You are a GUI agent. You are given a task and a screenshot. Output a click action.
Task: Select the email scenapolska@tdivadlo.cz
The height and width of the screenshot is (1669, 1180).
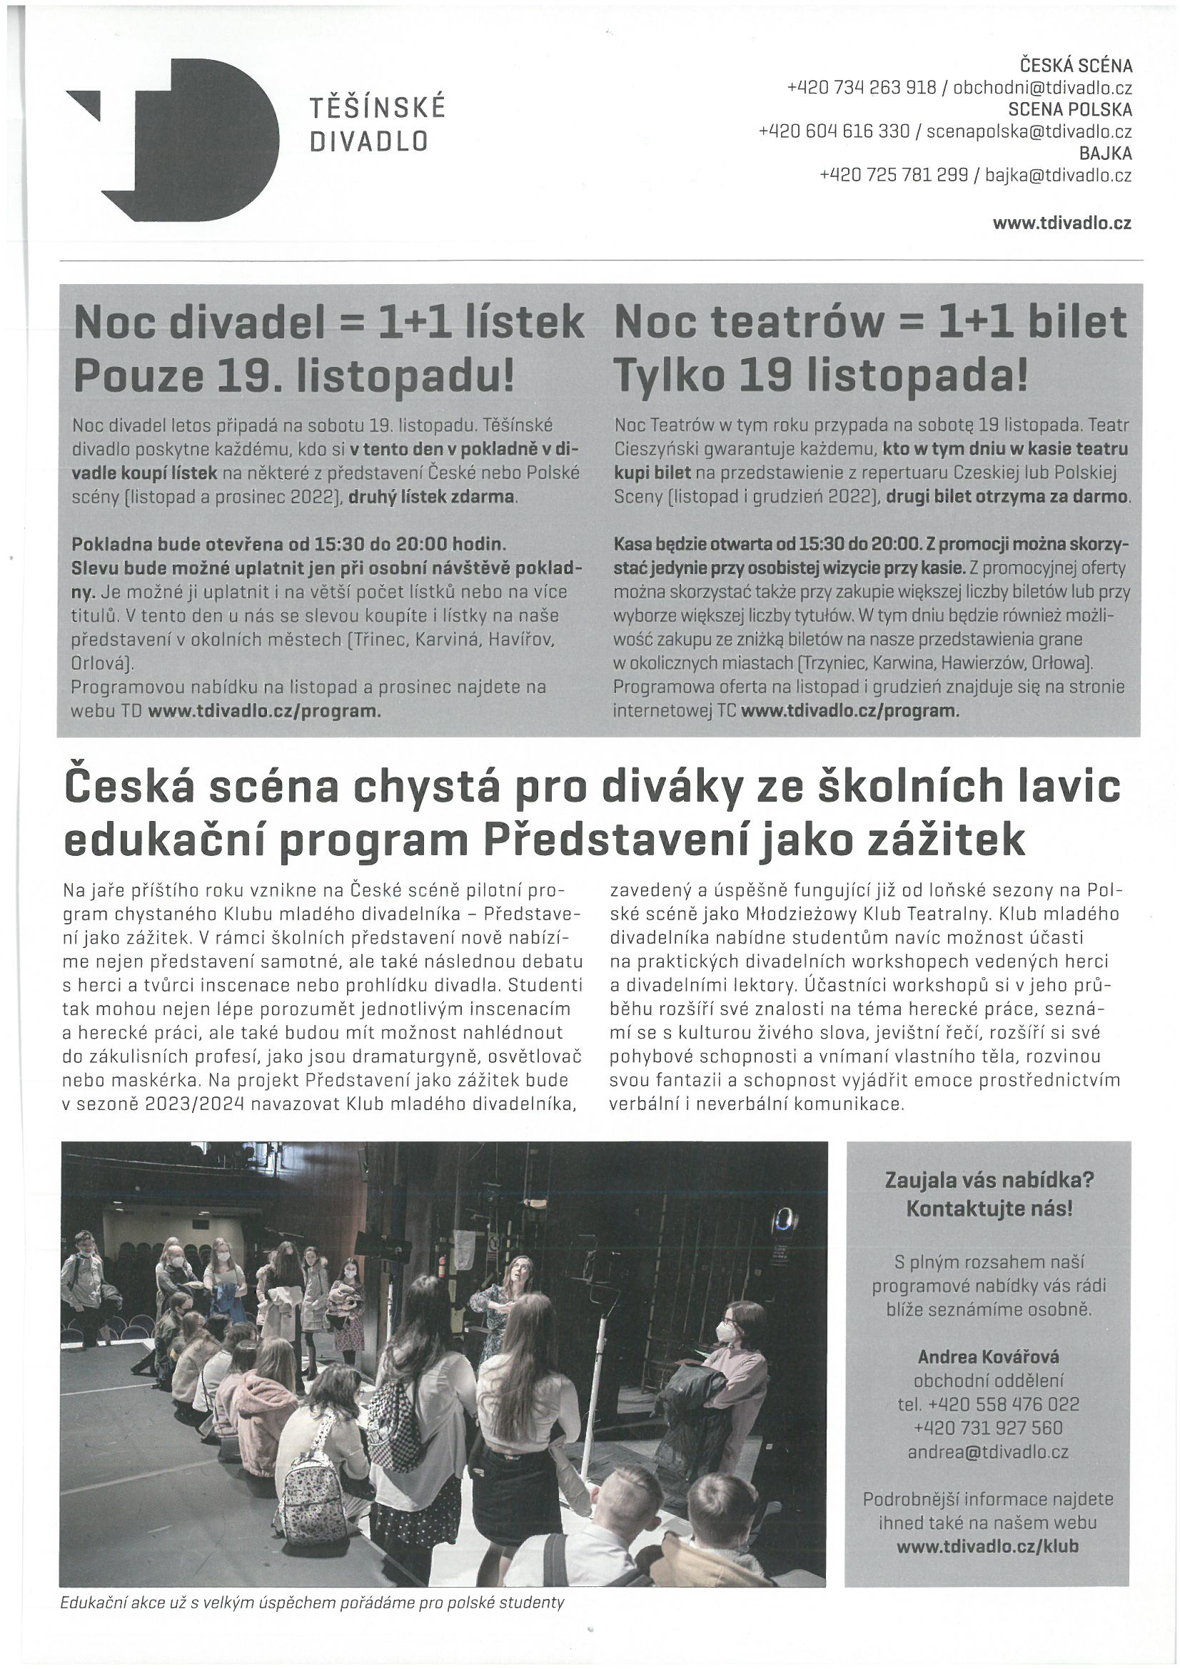click(1029, 131)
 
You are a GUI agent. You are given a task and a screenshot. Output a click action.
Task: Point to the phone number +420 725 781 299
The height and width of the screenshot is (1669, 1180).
click(894, 175)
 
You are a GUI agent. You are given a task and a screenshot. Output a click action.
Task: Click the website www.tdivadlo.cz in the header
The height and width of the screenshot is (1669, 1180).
click(1062, 224)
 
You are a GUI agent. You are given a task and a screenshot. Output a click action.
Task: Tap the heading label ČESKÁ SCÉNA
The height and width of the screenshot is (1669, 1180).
click(1076, 66)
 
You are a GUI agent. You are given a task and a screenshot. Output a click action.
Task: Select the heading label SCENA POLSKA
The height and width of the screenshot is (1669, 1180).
click(1069, 110)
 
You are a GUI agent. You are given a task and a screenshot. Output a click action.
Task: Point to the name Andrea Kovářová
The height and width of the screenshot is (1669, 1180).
click(988, 1356)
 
